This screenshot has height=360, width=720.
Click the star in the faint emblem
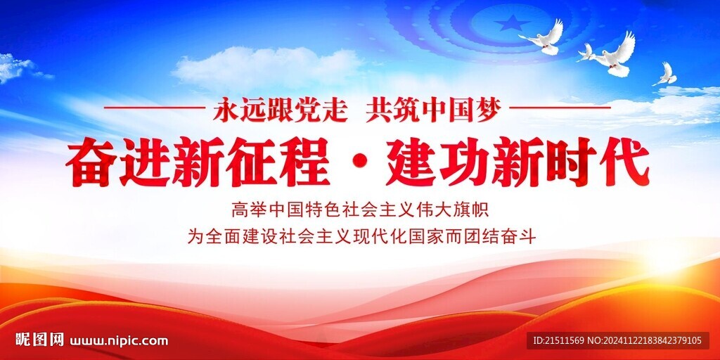click(x=511, y=23)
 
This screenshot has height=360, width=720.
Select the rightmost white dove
click(x=665, y=75)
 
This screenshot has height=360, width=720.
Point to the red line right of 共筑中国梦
click(x=559, y=108)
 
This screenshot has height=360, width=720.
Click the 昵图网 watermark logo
click(x=39, y=340)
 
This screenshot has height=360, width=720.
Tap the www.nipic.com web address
click(x=119, y=341)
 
